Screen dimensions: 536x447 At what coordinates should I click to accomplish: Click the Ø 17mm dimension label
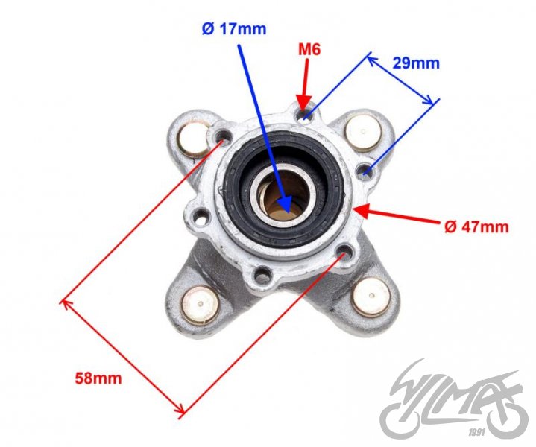tap(234, 29)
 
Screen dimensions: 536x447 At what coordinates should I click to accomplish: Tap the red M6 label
tap(309, 50)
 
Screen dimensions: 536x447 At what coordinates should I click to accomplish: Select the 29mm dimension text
tap(416, 63)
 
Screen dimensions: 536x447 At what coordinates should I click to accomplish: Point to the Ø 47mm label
tap(476, 226)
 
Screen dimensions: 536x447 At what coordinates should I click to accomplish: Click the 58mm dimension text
tap(98, 378)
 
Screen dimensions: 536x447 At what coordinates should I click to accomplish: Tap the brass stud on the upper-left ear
tap(192, 139)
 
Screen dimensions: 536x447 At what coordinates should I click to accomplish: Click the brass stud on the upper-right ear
tap(363, 133)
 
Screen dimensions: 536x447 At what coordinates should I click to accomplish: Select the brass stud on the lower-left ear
tap(200, 305)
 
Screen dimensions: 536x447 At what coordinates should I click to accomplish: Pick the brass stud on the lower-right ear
tap(371, 297)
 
